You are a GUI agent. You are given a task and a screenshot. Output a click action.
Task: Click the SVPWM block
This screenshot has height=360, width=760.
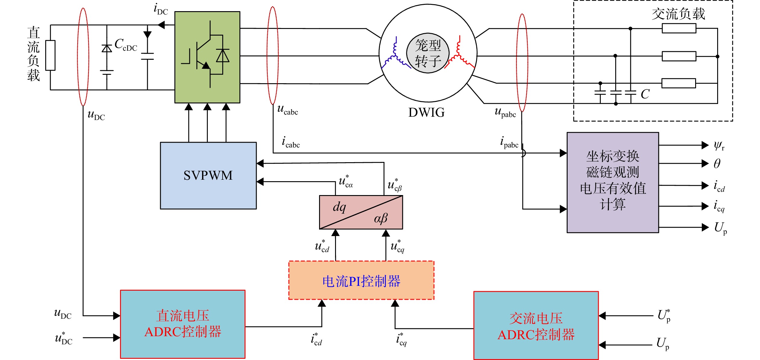[x=208, y=175]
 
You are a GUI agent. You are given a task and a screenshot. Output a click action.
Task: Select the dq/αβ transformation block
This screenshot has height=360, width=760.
[x=361, y=212]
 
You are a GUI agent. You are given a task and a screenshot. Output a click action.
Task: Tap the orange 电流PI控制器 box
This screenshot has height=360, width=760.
[x=361, y=280]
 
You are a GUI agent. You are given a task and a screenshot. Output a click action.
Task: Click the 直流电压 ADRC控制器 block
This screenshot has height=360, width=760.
[x=183, y=324]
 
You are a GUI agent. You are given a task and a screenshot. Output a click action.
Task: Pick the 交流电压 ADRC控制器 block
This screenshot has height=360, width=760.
[x=536, y=326]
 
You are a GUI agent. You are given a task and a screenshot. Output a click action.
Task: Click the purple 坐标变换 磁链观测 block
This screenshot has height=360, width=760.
[x=613, y=182]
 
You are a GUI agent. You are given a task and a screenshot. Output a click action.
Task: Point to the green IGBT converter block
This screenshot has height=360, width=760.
[x=207, y=57]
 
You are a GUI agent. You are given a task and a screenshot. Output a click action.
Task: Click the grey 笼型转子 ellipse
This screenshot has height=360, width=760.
[x=428, y=53]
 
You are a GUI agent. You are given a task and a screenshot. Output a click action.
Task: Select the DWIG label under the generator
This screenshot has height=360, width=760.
[x=426, y=112]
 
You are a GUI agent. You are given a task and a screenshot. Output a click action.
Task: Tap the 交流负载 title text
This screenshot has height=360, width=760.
[x=679, y=14]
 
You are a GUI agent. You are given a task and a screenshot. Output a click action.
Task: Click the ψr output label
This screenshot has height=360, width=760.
[x=719, y=146]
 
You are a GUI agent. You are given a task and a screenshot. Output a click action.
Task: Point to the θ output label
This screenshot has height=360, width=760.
[x=717, y=164]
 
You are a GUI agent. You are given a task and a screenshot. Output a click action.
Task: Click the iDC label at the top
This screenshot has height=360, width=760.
[x=161, y=9]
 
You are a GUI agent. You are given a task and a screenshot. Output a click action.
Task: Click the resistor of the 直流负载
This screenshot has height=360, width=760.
[x=50, y=55]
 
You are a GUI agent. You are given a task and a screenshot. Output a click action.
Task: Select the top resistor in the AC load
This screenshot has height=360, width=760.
[x=679, y=28]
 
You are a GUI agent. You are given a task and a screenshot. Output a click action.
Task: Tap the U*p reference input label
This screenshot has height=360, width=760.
[x=664, y=316]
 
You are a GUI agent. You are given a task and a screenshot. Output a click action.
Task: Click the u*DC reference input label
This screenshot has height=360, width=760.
[x=64, y=338]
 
